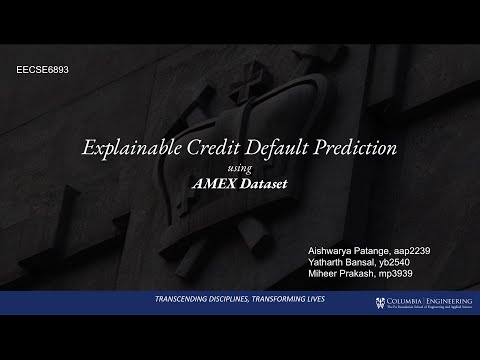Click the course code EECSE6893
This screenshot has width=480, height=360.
tap(43, 73)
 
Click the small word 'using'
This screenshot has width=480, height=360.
tap(240, 168)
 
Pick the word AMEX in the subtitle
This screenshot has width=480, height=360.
tap(214, 184)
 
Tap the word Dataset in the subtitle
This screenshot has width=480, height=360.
tap(266, 184)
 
